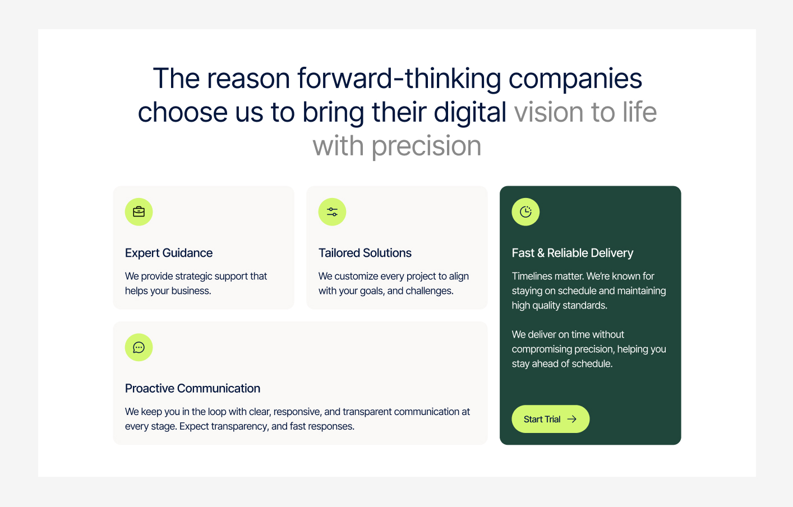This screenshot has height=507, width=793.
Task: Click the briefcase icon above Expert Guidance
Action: (139, 212)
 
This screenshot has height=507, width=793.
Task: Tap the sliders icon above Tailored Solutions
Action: (332, 212)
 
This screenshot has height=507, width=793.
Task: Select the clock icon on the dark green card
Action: (525, 212)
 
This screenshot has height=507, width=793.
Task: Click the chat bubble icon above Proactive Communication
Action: (139, 347)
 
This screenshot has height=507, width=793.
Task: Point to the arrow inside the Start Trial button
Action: (572, 419)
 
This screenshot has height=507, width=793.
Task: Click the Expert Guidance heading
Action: (169, 253)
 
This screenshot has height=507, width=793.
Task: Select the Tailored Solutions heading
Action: (365, 253)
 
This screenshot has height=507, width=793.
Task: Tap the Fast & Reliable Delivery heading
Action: (573, 253)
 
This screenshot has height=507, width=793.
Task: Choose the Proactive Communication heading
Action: (192, 388)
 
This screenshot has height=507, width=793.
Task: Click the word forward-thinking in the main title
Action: (399, 79)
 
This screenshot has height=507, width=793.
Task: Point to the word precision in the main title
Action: (426, 146)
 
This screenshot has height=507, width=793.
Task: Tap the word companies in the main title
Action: (575, 79)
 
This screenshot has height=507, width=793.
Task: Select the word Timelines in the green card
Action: (531, 276)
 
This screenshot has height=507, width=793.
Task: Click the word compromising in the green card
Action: (542, 349)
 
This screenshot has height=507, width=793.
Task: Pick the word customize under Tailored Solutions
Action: (356, 276)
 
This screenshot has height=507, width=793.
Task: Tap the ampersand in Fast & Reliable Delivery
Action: (541, 253)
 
